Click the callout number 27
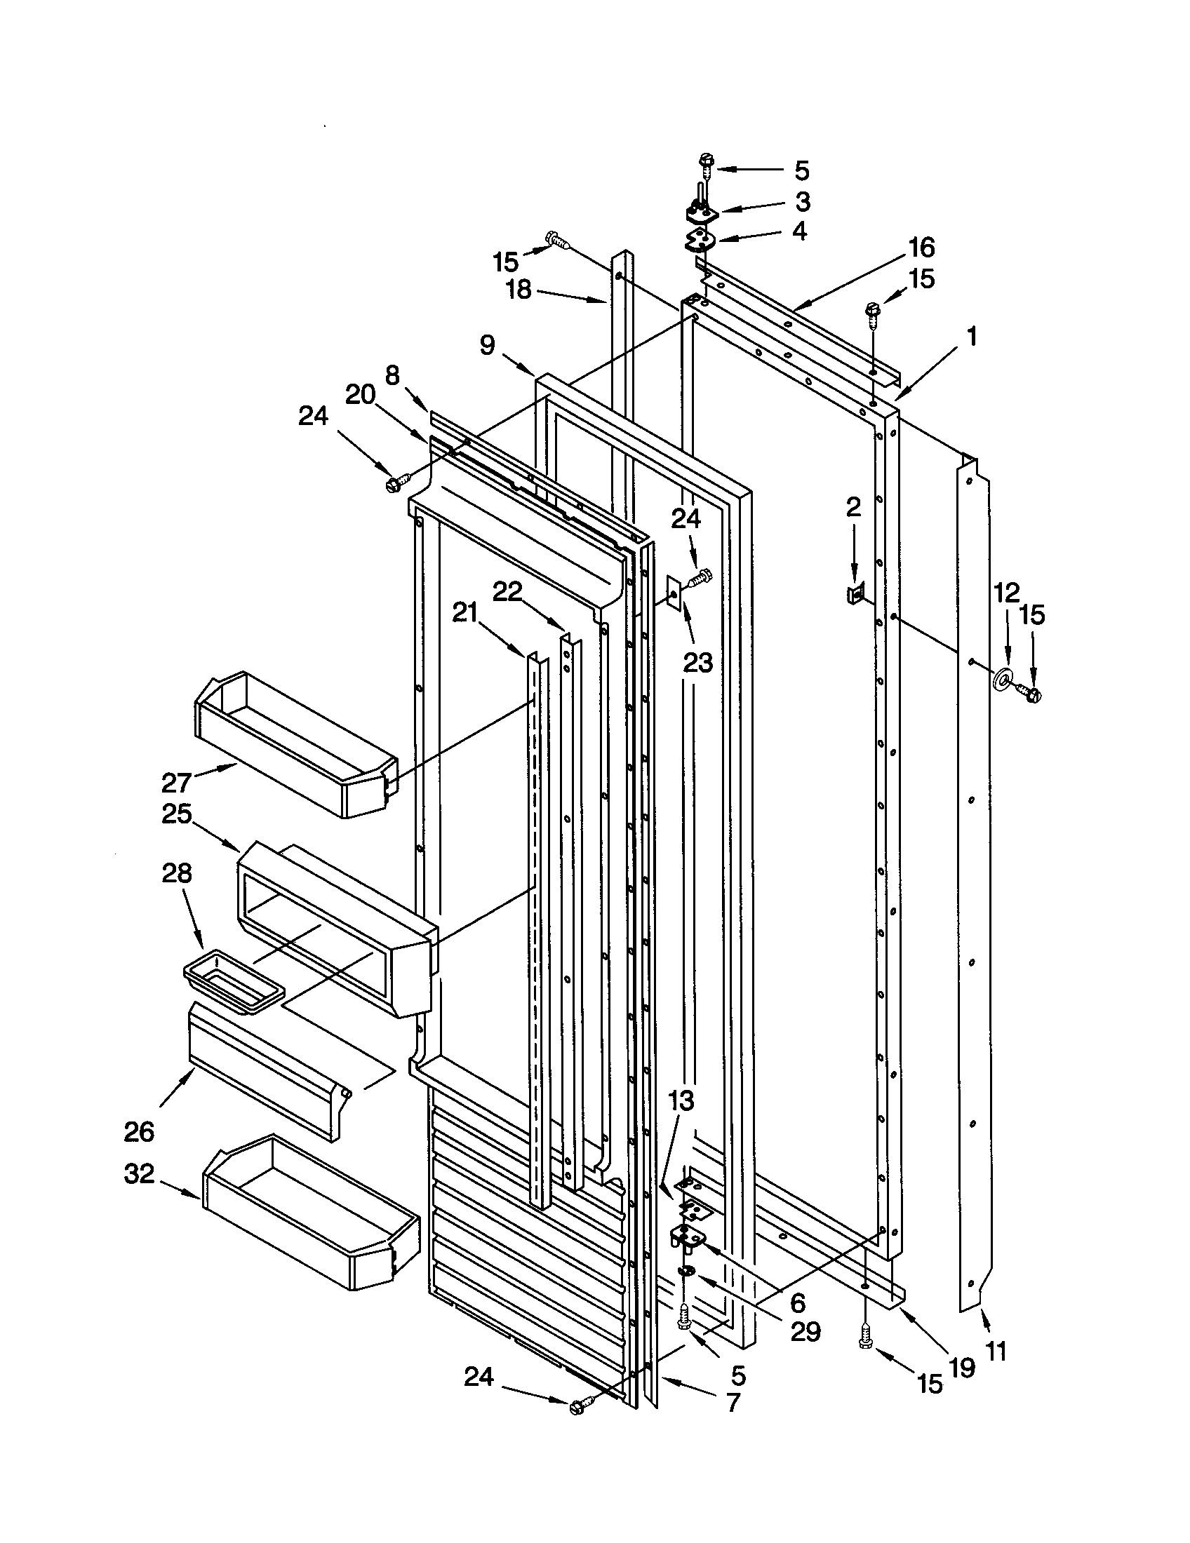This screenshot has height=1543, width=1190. click(x=176, y=782)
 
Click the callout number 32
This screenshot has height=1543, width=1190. click(x=139, y=1174)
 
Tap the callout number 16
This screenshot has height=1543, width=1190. click(x=921, y=248)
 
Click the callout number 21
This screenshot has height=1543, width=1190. click(x=465, y=613)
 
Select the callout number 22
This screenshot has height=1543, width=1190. click(x=507, y=591)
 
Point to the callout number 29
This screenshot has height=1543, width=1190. click(x=805, y=1332)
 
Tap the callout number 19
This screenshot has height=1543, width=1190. click(x=962, y=1367)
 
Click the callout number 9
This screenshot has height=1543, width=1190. click(x=487, y=345)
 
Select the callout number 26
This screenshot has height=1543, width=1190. click(x=138, y=1131)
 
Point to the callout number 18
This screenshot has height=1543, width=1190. click(x=519, y=289)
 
